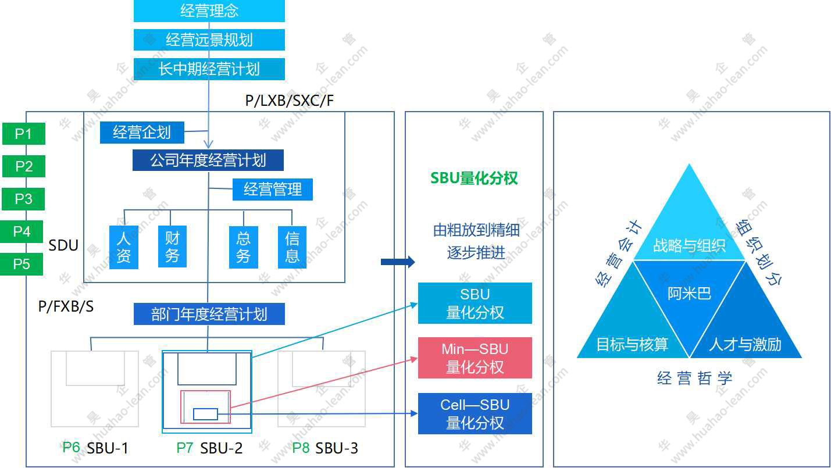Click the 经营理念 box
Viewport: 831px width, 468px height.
(x=209, y=11)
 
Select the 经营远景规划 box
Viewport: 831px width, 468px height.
(x=209, y=40)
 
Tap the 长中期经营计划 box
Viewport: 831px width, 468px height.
(x=209, y=69)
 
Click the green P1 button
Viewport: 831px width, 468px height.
(x=23, y=134)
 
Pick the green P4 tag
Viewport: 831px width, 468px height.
(x=22, y=232)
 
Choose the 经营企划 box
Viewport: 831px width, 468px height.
(x=142, y=133)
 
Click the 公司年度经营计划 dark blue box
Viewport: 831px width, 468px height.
(x=208, y=160)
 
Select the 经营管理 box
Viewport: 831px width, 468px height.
(x=273, y=190)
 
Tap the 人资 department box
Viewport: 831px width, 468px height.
(x=124, y=247)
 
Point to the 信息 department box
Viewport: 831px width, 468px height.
(x=292, y=247)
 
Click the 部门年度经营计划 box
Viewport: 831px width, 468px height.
(x=209, y=314)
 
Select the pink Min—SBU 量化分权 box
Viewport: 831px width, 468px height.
(x=475, y=358)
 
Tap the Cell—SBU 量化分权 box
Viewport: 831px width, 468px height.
(x=475, y=413)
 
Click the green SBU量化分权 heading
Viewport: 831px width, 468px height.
(x=474, y=178)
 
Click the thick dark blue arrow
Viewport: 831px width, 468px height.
(x=398, y=262)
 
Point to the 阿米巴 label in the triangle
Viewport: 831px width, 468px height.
(x=689, y=294)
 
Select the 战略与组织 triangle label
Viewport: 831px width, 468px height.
(x=689, y=245)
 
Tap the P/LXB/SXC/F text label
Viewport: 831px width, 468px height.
(x=290, y=101)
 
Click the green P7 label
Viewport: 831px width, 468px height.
(x=186, y=448)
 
